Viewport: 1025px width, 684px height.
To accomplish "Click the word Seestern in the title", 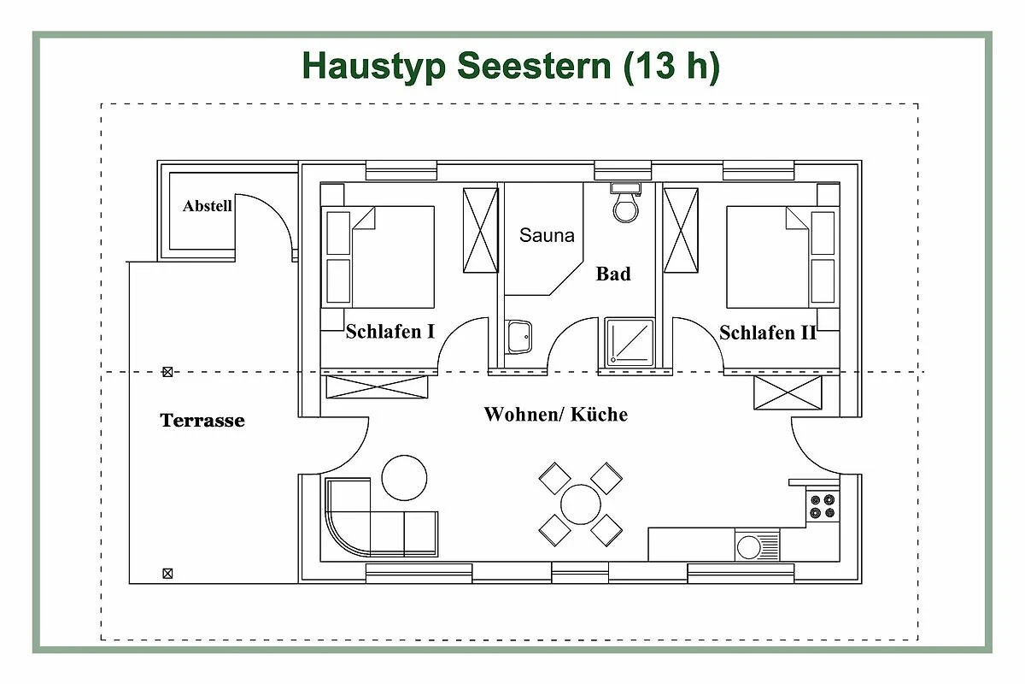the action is (x=534, y=66).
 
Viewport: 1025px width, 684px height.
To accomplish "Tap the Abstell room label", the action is (x=208, y=206).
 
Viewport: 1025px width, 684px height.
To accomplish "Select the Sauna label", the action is (x=547, y=235).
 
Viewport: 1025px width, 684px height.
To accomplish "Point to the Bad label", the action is (x=613, y=274).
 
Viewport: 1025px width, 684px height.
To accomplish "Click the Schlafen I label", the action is (x=390, y=331).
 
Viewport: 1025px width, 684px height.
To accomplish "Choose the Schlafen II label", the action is (x=767, y=333).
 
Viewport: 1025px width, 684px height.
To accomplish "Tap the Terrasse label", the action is (x=202, y=420).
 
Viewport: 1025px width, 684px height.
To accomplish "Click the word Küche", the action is (x=599, y=414).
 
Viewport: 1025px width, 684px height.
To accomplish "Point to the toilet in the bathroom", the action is (x=625, y=203).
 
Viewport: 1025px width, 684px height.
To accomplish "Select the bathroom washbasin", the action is (x=519, y=337).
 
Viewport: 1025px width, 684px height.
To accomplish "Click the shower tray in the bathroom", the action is (x=630, y=342).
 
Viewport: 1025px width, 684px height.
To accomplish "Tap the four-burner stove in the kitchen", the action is (x=823, y=506).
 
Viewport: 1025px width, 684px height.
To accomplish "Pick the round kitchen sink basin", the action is (x=748, y=547).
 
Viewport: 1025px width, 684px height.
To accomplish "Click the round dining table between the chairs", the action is (x=580, y=504).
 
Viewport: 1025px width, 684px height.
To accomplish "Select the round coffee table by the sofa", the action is (x=404, y=478).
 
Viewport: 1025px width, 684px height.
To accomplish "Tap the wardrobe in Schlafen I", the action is (x=480, y=230).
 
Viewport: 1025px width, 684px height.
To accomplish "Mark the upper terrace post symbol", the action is (x=167, y=372).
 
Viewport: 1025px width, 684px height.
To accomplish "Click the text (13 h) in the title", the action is (x=671, y=67).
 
